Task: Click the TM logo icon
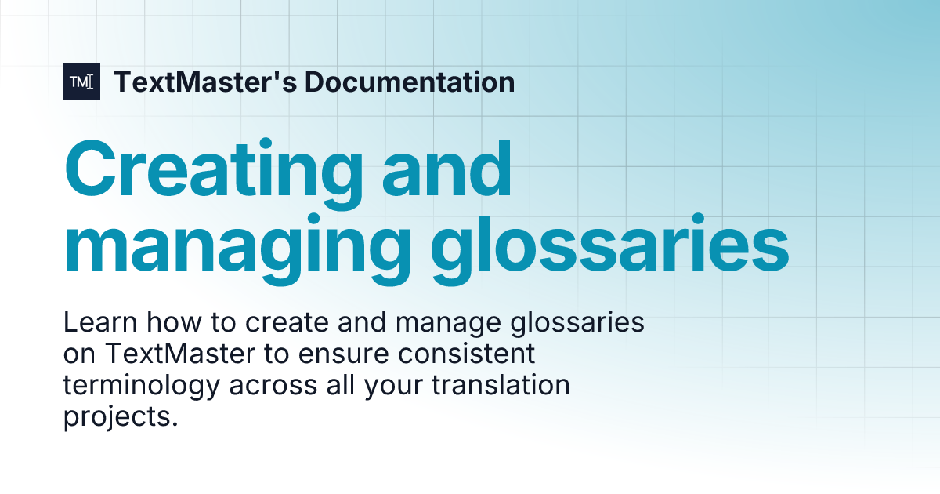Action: (81, 82)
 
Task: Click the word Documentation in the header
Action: (409, 82)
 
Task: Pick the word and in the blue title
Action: (444, 170)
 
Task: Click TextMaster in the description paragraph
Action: (178, 354)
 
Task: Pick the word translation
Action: (503, 386)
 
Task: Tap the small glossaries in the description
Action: (580, 323)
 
